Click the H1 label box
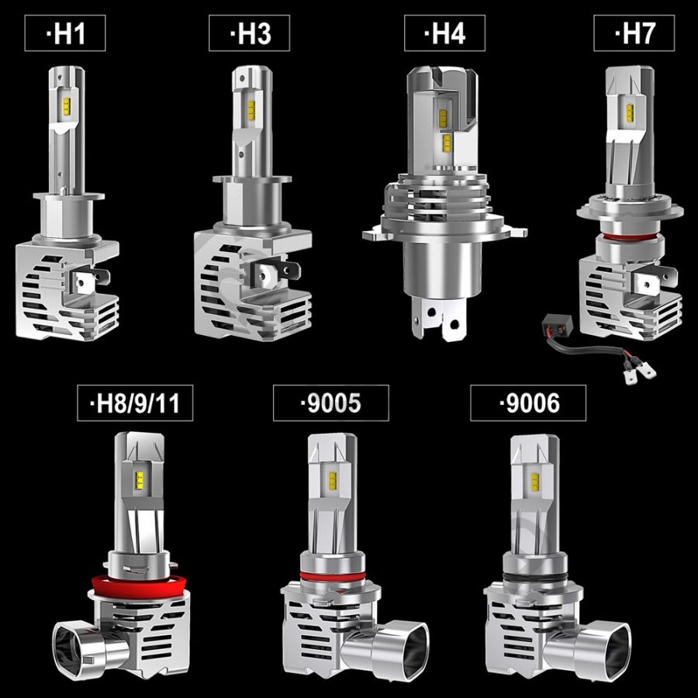click(65, 33)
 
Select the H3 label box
click(249, 33)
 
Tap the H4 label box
click(444, 33)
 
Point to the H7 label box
click(634, 33)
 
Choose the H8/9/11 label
click(135, 403)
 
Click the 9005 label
click(330, 403)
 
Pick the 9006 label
click(528, 403)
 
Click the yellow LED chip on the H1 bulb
click(66, 106)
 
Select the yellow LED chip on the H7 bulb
click(630, 112)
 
